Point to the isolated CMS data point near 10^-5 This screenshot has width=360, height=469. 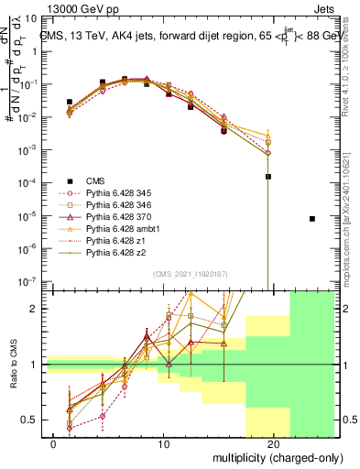pyautogui.click(x=312, y=219)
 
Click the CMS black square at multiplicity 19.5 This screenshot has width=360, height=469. pyautogui.click(x=268, y=178)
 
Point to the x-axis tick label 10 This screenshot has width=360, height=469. pyautogui.click(x=164, y=443)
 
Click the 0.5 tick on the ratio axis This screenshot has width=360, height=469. pyautogui.click(x=29, y=420)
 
